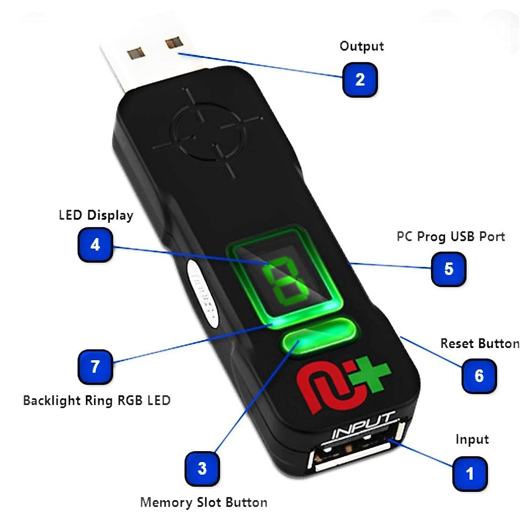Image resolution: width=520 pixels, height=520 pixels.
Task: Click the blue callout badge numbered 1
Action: coord(470,473)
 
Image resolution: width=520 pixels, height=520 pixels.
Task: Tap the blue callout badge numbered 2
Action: coord(360,79)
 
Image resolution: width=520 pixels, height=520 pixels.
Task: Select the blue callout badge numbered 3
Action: coord(202,468)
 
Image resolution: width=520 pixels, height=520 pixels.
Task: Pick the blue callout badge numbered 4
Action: coord(95,245)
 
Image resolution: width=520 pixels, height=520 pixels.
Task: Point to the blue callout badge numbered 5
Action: coord(448,269)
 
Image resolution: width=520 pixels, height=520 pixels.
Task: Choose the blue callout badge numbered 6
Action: coord(479,376)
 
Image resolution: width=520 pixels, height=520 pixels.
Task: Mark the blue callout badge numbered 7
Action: coord(95,367)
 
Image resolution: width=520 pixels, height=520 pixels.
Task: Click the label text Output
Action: coord(361,46)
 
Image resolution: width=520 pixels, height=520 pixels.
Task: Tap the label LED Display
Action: coord(96,215)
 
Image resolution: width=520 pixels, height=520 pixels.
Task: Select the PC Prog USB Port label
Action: coord(451,237)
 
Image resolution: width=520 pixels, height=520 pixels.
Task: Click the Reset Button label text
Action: coord(479,344)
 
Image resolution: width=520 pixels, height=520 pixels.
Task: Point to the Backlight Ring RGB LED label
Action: coord(97,400)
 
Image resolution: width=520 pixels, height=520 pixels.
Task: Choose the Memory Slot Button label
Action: coord(204,503)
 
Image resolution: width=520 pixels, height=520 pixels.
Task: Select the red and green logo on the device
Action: coord(342,381)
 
